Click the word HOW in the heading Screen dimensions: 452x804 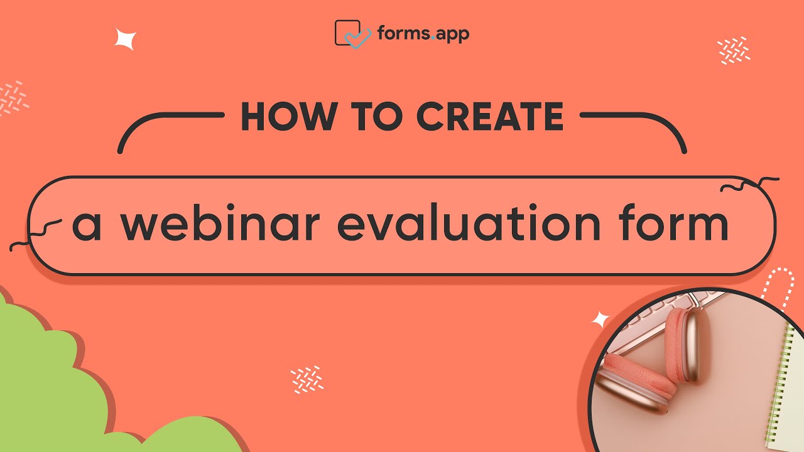pyautogui.click(x=280, y=117)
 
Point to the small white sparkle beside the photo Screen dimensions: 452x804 pyautogui.click(x=601, y=320)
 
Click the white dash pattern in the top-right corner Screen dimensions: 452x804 pyautogui.click(x=734, y=50)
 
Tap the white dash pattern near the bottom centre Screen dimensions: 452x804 pyautogui.click(x=307, y=379)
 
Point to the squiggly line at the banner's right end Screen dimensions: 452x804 pyautogui.click(x=747, y=186)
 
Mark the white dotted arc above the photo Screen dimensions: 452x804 pyautogui.click(x=779, y=286)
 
